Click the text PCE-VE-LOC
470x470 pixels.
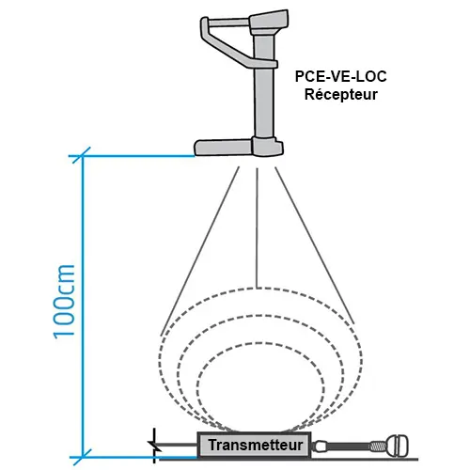[x=341, y=76]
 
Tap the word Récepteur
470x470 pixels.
[x=341, y=94]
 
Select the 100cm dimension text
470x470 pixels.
[x=64, y=302]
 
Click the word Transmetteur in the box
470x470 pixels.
[x=256, y=445]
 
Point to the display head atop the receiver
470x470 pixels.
[x=269, y=22]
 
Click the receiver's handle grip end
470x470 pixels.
[x=205, y=27]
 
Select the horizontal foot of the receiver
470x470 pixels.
[x=223, y=148]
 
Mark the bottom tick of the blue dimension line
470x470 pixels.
[x=82, y=457]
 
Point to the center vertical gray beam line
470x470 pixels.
[x=257, y=228]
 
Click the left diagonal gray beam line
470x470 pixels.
[x=199, y=251]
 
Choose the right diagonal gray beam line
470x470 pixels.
[x=315, y=245]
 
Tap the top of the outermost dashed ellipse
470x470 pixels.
[x=260, y=288]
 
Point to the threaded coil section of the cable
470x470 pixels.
[x=377, y=446]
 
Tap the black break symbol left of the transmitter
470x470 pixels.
[x=154, y=446]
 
